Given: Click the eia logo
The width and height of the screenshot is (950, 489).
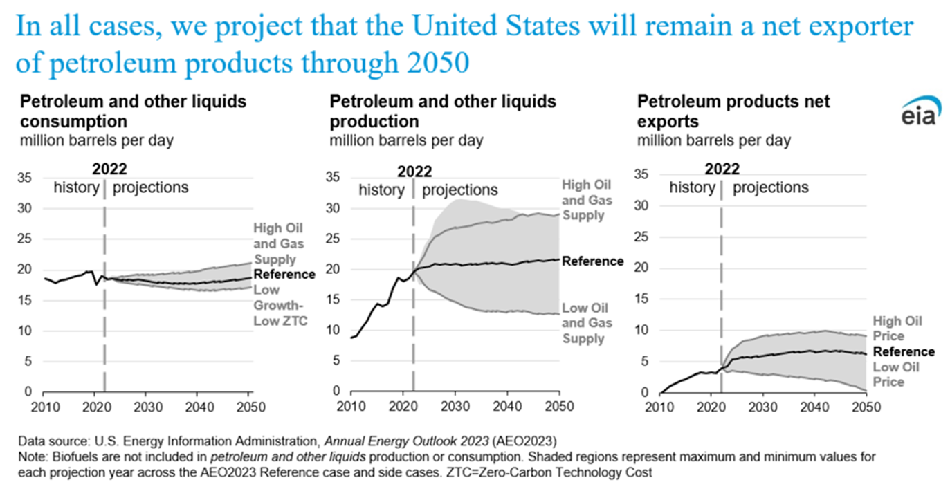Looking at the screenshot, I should (x=919, y=114).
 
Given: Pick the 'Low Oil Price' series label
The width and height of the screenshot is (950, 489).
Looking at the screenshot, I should (x=897, y=374).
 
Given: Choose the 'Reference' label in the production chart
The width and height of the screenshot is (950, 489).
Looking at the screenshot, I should (x=593, y=261).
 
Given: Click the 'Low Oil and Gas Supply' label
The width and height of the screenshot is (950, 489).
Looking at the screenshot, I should (x=583, y=323).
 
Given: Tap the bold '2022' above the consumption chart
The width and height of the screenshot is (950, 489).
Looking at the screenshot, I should (x=109, y=169).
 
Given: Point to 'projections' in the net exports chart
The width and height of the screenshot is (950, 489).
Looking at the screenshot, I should (x=770, y=187).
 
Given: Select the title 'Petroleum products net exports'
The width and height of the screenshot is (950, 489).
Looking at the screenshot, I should (x=733, y=111).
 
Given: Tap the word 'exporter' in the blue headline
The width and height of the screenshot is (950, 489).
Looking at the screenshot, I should (x=857, y=28).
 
